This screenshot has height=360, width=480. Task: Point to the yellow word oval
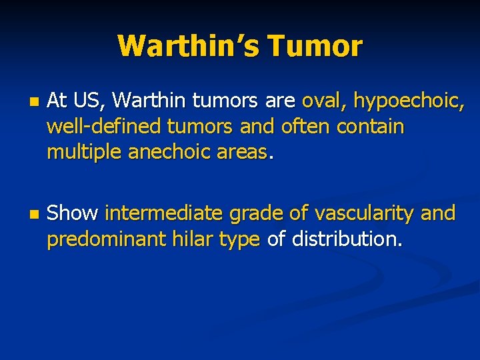[x=323, y=101]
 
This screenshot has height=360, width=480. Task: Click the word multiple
[x=82, y=153]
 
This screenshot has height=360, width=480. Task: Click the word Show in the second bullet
[x=73, y=213]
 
